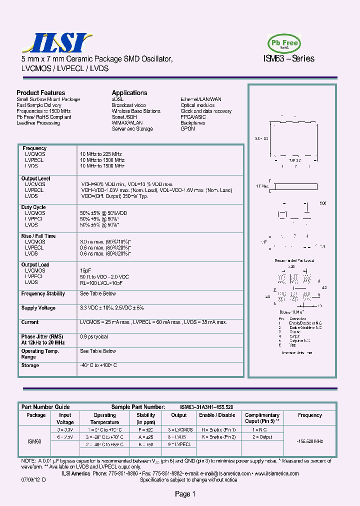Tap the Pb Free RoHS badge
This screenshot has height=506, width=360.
coord(284,43)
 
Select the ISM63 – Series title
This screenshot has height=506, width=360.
coord(288,58)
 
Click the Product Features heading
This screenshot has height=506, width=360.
coord(40,93)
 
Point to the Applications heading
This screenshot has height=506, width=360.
coord(129,93)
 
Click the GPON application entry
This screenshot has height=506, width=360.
coord(187,129)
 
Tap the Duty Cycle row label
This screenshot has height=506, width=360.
coord(33,207)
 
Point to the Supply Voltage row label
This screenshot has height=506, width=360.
coord(38,308)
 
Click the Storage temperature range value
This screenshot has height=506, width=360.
coord(98,365)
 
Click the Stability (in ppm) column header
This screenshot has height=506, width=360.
coord(146,418)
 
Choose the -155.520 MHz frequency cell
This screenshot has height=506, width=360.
coord(310,442)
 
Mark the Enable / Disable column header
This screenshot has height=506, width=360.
coord(217,415)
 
